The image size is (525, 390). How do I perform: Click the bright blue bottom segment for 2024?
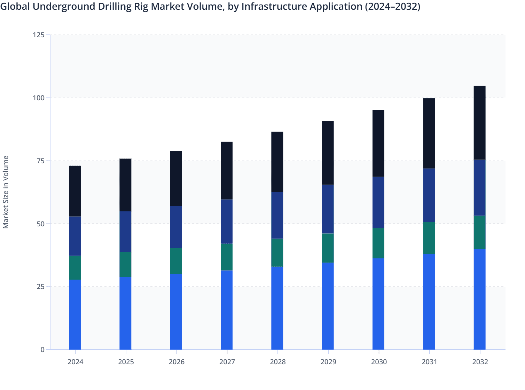click(75, 314)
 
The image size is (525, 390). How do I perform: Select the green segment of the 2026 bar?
click(176, 261)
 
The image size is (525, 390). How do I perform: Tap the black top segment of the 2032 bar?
click(479, 123)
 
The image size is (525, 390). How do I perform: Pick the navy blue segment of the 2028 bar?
click(277, 216)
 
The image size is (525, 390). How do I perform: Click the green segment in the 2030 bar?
click(378, 243)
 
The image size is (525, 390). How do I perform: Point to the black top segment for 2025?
click(125, 185)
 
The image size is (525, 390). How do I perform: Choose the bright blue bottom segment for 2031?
click(429, 302)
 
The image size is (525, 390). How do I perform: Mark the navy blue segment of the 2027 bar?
click(227, 221)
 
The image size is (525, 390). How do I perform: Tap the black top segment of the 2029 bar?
click(328, 153)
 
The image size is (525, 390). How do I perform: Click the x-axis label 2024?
click(75, 362)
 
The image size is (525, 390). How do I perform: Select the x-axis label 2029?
click(328, 362)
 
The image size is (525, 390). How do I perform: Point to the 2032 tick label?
click(480, 362)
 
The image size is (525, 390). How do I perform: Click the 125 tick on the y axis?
click(39, 35)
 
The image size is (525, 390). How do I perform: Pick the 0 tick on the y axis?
click(42, 350)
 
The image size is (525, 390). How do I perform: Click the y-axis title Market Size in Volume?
click(6, 192)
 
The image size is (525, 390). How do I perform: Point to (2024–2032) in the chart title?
click(392, 6)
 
